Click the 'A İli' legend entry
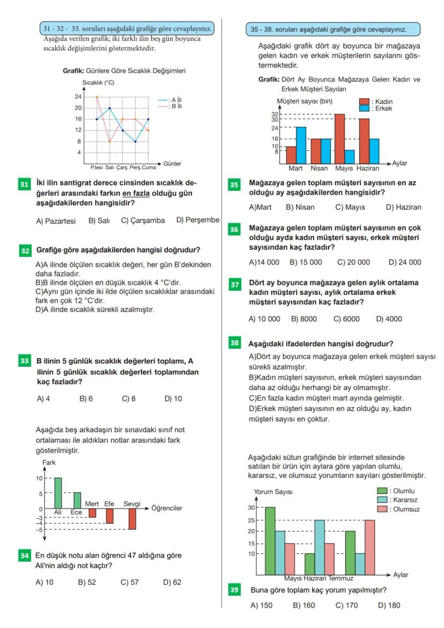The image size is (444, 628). coord(174,100)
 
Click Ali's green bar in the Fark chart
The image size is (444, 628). coord(58,493)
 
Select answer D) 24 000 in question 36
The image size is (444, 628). coord(405,262)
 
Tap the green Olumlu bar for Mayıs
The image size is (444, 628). coord(270,541)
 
